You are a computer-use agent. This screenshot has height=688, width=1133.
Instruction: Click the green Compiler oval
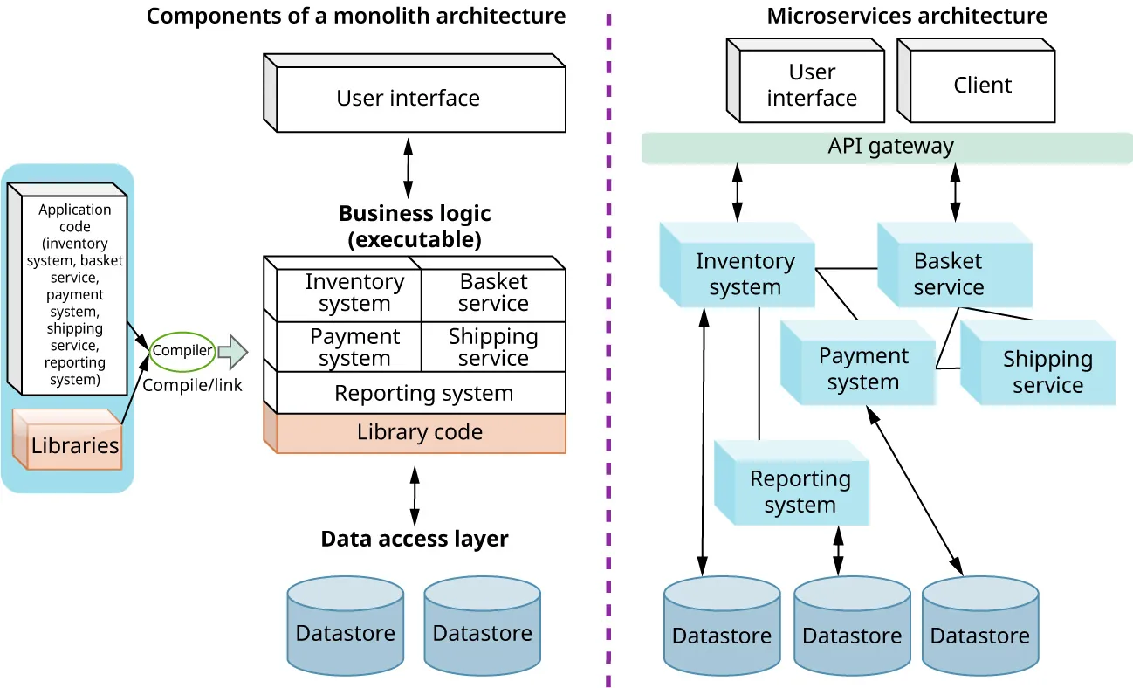point(182,351)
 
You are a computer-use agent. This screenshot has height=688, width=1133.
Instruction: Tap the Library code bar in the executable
point(420,433)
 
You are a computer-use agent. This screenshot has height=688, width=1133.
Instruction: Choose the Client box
point(982,86)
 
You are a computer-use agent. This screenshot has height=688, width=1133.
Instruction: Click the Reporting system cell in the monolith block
point(423,394)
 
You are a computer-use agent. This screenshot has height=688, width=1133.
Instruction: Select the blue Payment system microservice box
point(862,368)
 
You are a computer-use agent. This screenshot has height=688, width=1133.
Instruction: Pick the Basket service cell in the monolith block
point(493,293)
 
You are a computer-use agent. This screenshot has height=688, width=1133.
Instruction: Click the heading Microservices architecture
point(907,16)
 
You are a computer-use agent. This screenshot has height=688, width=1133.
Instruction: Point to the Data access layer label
point(414,539)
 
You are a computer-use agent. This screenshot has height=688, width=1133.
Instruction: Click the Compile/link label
point(192,384)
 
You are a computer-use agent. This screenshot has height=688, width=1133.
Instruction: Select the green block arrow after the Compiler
point(232,351)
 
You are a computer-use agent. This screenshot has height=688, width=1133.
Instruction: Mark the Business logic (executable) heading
point(414,226)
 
